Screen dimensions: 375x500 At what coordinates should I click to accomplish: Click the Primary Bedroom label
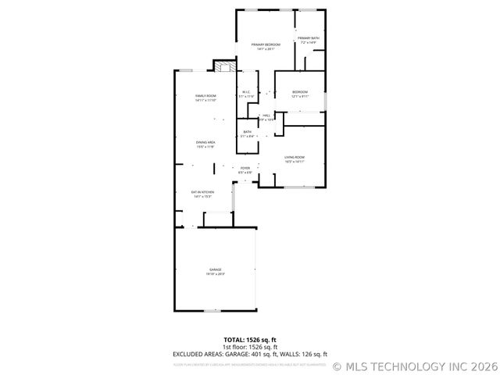[x=266, y=45]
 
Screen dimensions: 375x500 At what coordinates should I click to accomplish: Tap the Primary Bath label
[x=308, y=38]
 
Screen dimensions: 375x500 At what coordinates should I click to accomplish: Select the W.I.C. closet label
[x=246, y=92]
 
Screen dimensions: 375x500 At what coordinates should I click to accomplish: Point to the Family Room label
[x=205, y=96]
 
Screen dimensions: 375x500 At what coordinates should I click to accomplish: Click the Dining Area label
[x=205, y=142]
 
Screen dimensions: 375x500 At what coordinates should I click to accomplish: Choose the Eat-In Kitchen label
[x=203, y=191]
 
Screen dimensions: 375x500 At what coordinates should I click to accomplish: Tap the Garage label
[x=215, y=270]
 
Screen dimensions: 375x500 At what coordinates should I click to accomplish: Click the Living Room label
[x=294, y=158]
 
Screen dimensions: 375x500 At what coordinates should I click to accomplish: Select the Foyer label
[x=245, y=168]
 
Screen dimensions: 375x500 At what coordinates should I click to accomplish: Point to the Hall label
[x=266, y=116]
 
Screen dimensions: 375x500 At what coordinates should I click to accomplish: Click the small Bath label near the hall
[x=247, y=132]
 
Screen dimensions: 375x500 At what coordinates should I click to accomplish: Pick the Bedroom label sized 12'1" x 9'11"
[x=300, y=92]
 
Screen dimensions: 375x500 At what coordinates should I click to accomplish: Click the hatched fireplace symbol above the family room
[x=225, y=67]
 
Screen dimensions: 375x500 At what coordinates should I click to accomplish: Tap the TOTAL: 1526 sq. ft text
[x=249, y=340]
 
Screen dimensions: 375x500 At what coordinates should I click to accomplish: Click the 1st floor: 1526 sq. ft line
[x=249, y=347]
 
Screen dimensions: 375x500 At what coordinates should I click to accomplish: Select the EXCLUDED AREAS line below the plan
[x=249, y=354]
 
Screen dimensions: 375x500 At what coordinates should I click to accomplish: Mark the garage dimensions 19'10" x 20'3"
[x=215, y=274]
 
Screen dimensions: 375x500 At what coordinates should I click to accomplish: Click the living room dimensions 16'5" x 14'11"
[x=294, y=162]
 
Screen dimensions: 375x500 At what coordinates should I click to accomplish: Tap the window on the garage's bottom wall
[x=214, y=310]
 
